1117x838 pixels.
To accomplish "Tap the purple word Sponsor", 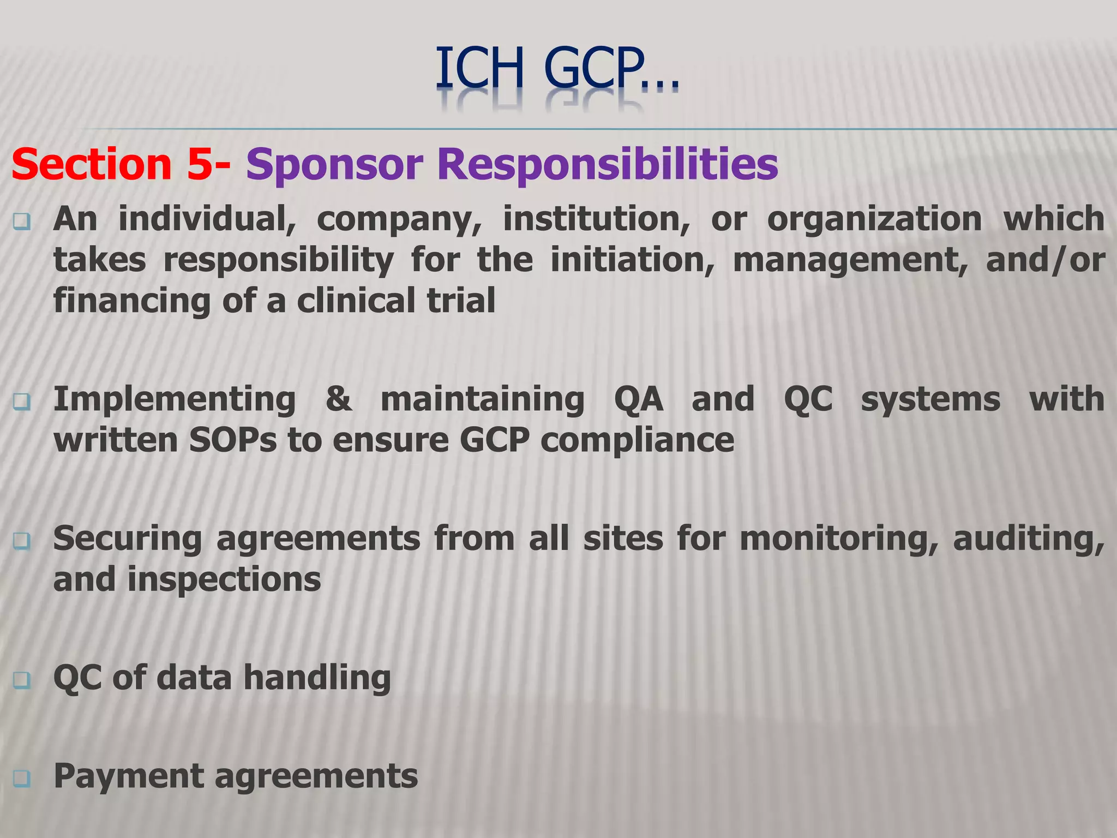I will point(334,164).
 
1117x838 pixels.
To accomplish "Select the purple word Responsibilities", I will point(608,164).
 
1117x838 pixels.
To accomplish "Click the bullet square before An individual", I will point(22,222).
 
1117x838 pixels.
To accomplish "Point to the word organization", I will point(874,219).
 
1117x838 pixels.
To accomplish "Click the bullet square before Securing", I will point(22,541).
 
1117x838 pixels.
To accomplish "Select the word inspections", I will point(224,579).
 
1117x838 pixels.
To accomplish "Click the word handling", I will point(317,678).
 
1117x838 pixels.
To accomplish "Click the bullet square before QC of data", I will point(22,680).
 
